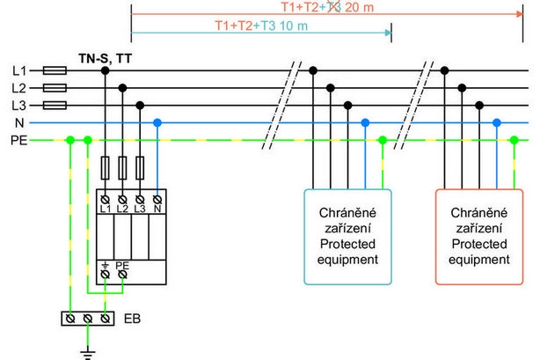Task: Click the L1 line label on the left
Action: click(18, 70)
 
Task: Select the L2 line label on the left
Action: click(18, 88)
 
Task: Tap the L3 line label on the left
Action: click(18, 106)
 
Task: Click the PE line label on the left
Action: click(18, 140)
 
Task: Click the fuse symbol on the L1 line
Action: click(55, 70)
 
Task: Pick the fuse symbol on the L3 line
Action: click(55, 106)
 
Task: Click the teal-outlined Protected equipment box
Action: click(348, 236)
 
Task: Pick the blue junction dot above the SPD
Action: click(157, 123)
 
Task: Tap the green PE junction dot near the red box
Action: click(514, 140)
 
